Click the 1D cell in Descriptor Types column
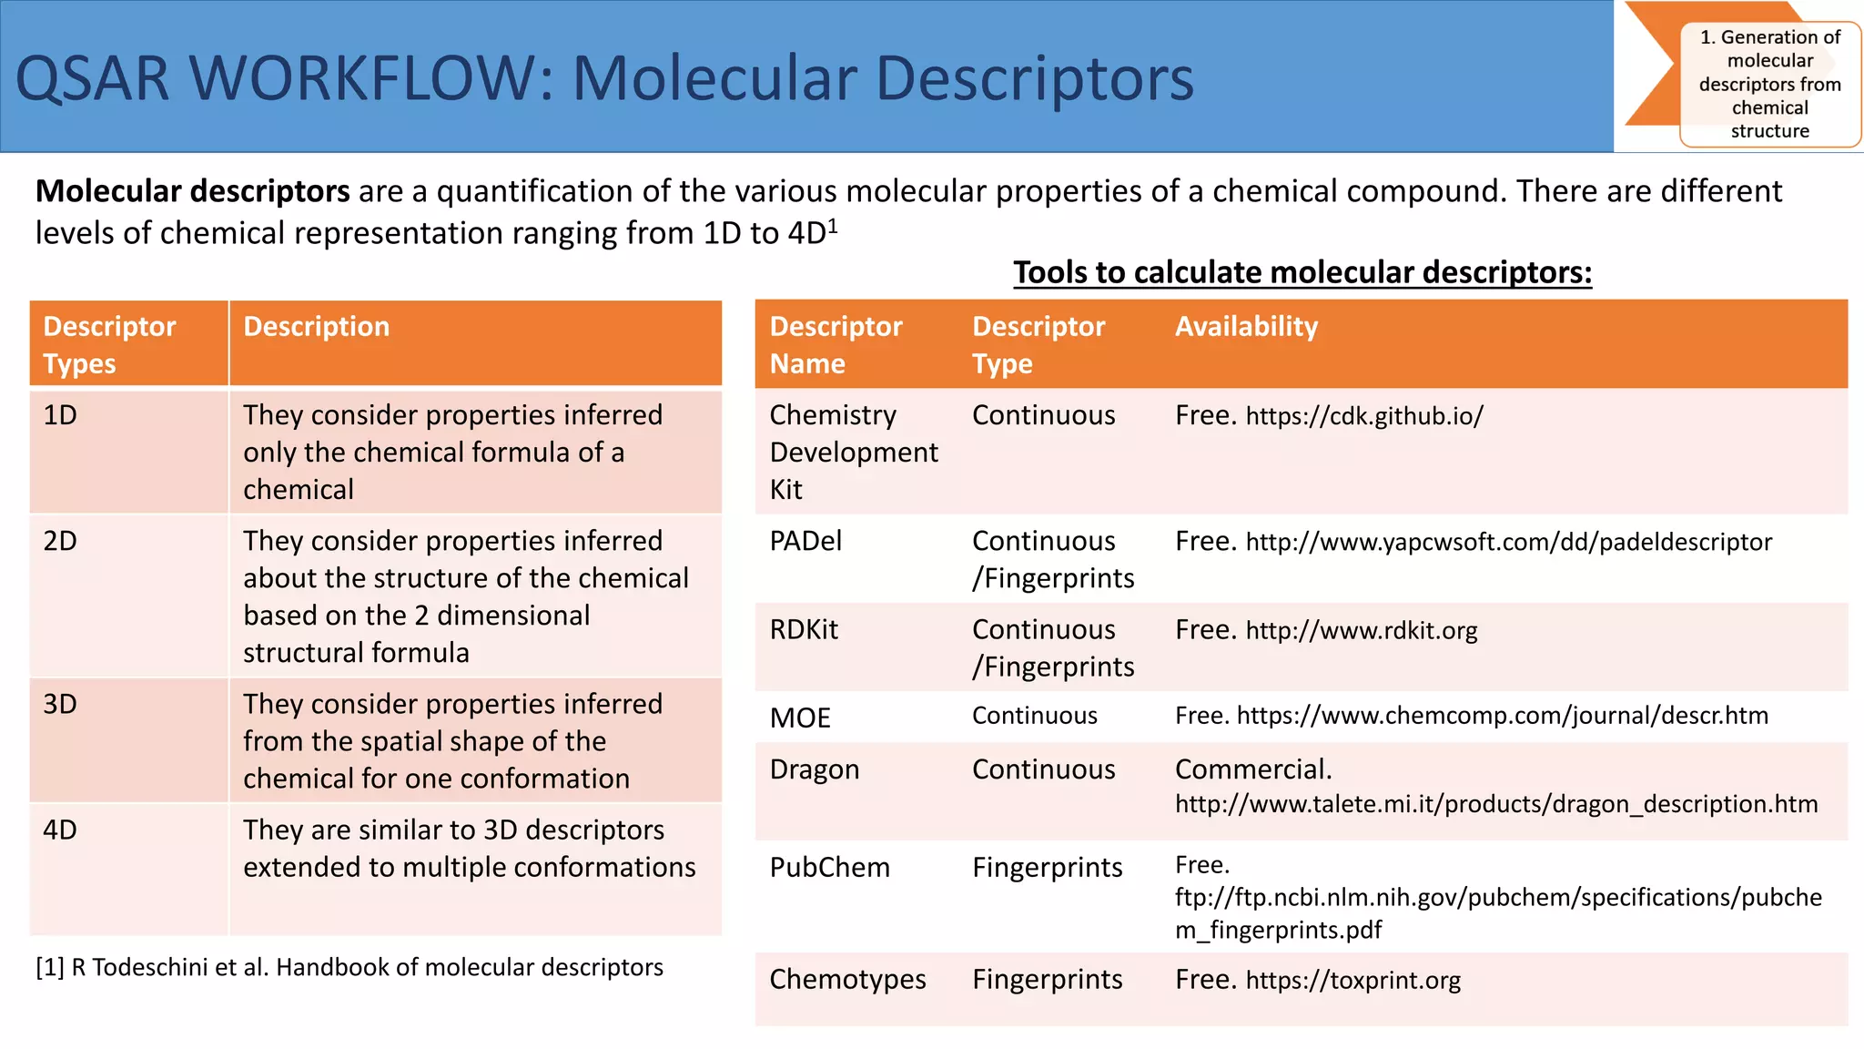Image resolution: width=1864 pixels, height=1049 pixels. (x=60, y=415)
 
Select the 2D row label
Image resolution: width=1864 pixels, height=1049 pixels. (x=60, y=541)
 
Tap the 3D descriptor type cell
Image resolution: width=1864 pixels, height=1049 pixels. (x=60, y=704)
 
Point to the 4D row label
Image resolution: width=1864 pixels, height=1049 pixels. (x=60, y=830)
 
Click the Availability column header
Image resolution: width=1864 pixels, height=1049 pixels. (x=1246, y=326)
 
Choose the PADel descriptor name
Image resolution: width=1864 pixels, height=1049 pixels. (x=805, y=541)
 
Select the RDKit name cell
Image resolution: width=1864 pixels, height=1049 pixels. (x=804, y=629)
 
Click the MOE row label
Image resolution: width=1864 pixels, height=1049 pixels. (x=800, y=718)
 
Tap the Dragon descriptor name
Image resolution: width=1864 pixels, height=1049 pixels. (x=814, y=769)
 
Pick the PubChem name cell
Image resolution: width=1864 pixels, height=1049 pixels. (x=829, y=867)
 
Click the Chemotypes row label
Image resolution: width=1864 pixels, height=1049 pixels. (x=847, y=979)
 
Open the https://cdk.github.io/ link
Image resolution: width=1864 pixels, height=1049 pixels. (x=1364, y=416)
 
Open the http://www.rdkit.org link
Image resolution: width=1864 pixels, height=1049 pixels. (x=1361, y=630)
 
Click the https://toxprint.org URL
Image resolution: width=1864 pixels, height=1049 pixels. (x=1352, y=980)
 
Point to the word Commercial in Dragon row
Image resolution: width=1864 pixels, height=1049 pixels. (x=1252, y=769)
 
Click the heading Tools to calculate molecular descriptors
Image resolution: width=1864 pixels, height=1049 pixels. (x=1302, y=272)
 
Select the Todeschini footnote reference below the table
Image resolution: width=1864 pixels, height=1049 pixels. (x=349, y=967)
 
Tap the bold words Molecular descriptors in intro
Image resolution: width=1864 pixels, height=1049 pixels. (x=193, y=191)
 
